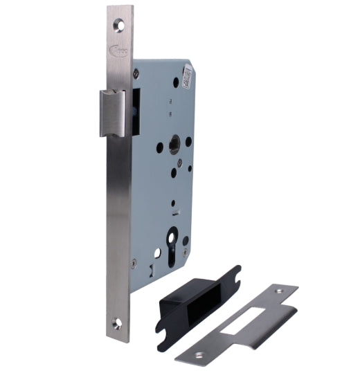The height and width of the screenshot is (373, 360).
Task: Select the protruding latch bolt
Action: (x=111, y=113)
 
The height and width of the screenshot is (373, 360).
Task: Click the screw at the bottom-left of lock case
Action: (x=134, y=262)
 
